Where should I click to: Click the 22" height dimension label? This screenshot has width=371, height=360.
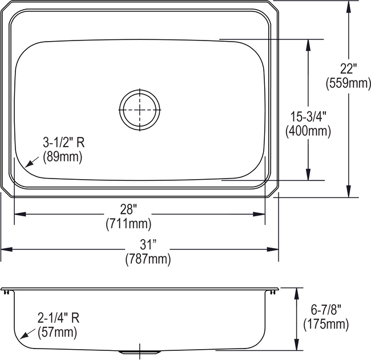point(348,69)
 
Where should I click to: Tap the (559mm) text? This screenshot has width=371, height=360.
point(348,83)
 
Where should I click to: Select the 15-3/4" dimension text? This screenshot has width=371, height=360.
point(308,117)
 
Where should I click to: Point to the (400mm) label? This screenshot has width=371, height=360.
point(308,131)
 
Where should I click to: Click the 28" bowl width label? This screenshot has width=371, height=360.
point(140,208)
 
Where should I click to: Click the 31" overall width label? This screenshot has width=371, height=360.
point(147,245)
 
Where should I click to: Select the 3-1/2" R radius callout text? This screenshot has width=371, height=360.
point(66,142)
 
